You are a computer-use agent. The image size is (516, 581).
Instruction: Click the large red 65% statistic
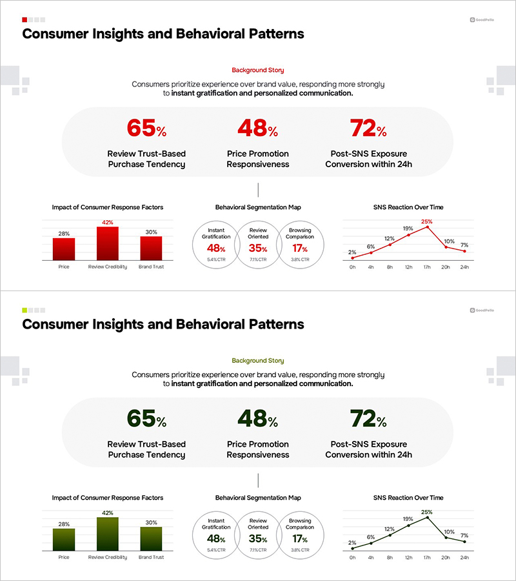(x=146, y=128)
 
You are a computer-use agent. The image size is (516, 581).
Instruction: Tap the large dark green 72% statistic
(x=368, y=419)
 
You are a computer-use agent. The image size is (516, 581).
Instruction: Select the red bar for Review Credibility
(x=107, y=242)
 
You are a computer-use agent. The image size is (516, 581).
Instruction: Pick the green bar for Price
(x=64, y=538)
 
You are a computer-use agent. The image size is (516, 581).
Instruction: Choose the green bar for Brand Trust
(x=151, y=537)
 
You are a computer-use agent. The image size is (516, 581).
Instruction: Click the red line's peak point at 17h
(x=426, y=227)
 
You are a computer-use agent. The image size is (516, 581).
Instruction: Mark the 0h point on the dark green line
(x=352, y=548)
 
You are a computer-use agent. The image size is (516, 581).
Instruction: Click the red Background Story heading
(x=257, y=70)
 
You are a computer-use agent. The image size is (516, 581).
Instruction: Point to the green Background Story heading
(x=257, y=360)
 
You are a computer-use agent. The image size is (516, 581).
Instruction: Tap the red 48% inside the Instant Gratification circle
(x=216, y=249)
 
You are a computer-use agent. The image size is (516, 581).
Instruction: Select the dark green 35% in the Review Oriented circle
(x=258, y=539)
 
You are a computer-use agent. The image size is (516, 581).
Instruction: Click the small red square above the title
(x=25, y=19)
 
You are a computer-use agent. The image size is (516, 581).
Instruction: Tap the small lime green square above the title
(x=25, y=310)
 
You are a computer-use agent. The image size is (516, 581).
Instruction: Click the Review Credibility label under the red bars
(x=108, y=266)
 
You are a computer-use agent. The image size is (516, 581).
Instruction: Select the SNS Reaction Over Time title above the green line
(x=408, y=498)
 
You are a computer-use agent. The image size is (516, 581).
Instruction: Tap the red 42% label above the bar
(x=108, y=223)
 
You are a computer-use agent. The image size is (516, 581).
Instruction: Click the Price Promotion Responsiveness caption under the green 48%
(x=258, y=449)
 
